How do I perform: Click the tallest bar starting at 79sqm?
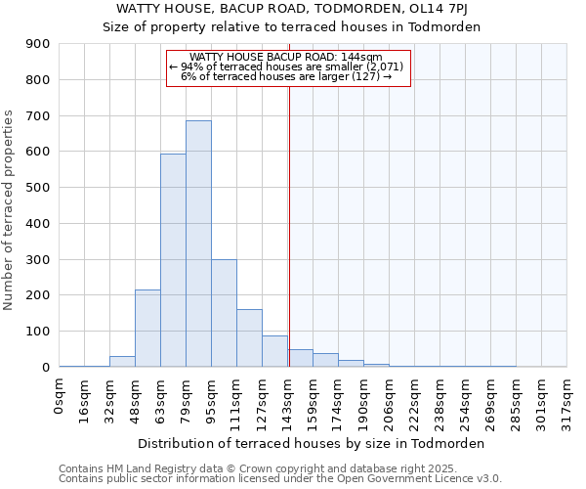[x=198, y=244]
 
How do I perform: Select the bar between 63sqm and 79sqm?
[x=173, y=260]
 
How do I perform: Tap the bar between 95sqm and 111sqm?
[x=224, y=313]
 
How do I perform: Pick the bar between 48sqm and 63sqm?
[x=147, y=329]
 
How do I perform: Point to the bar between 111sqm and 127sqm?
[x=249, y=338]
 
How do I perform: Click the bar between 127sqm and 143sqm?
[x=274, y=351]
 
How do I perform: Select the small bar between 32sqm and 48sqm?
[x=122, y=362]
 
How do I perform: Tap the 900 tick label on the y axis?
[x=38, y=44]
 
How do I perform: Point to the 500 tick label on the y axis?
[x=38, y=188]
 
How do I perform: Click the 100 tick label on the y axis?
[x=38, y=332]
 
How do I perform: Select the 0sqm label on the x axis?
[x=60, y=393]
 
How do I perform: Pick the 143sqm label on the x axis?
[x=288, y=399]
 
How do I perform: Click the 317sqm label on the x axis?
[x=567, y=399]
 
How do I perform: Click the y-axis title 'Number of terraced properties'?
[x=9, y=209]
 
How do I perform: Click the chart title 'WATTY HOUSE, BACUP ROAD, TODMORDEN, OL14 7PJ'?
[x=292, y=9]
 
